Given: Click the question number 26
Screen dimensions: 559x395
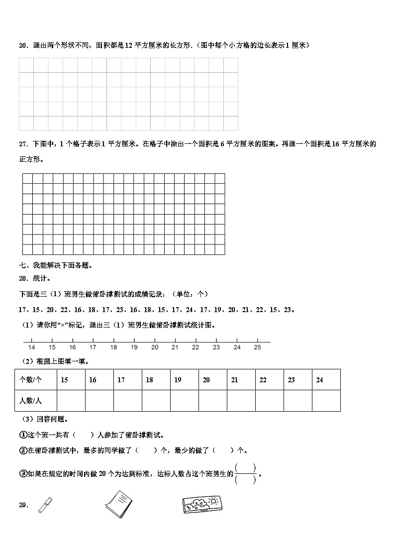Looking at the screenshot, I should click(23, 45).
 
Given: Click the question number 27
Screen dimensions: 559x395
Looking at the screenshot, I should click(23, 144).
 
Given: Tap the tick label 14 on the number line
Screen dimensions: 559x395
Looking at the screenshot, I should click(32, 347).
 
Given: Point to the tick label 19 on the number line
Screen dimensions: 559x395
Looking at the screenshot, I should click(134, 347).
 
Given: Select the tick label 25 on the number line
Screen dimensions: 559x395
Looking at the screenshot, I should click(257, 347).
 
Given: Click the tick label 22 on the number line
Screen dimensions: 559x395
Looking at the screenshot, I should click(196, 347).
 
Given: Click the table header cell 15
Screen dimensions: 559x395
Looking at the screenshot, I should click(65, 380).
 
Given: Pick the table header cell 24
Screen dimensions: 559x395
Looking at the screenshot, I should click(319, 380).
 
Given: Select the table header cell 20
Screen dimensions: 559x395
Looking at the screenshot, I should click(206, 380).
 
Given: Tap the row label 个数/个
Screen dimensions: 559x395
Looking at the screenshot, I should click(30, 380).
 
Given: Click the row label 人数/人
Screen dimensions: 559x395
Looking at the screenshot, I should click(30, 401).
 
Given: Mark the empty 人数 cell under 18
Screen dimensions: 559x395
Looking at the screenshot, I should click(156, 401).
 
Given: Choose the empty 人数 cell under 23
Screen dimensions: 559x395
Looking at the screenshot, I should click(297, 401).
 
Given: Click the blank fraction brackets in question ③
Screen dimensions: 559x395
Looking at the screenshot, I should click(245, 473).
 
